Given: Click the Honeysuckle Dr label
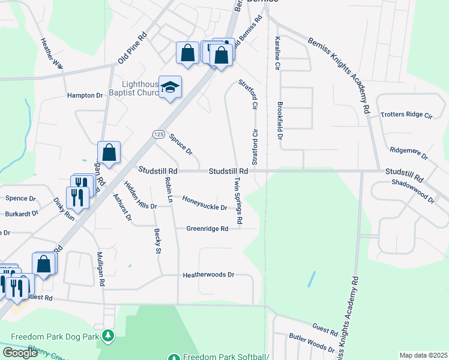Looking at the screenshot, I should click(x=205, y=203).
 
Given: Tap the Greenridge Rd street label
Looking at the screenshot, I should click(x=207, y=229).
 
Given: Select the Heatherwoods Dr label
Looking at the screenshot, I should click(x=208, y=275).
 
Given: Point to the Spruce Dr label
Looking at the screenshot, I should click(x=181, y=143).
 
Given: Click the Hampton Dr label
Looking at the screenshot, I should click(x=85, y=95).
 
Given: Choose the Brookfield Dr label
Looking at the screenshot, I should click(x=279, y=116).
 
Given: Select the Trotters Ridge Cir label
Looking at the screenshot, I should click(x=406, y=114).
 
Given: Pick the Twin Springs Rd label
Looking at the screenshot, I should click(x=238, y=200).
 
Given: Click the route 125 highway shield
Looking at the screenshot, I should click(x=158, y=134).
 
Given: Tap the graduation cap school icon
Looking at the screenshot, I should click(x=170, y=88).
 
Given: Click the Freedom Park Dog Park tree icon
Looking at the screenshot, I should click(x=108, y=335).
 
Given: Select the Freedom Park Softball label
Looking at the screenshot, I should click(x=225, y=356).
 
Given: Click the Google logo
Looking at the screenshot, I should click(x=20, y=353).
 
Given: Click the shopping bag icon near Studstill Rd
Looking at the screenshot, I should click(x=109, y=152).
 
